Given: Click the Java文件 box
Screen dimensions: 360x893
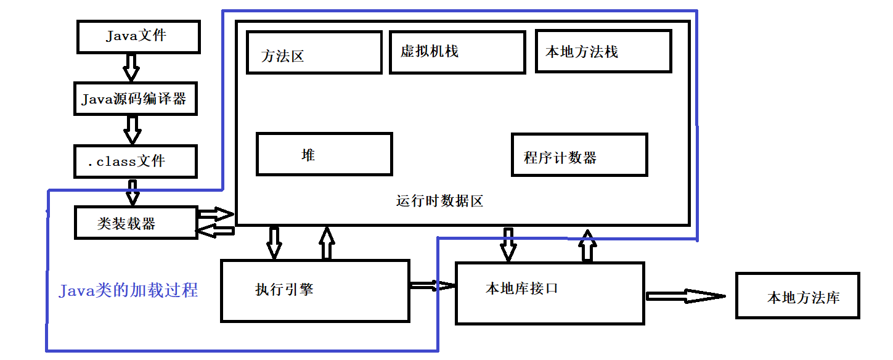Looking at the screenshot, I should (138, 36).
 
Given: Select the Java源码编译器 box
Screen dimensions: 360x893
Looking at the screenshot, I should (135, 98).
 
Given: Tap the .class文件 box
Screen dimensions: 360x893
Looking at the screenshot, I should (135, 162).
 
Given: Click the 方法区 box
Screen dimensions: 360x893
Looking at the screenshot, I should (314, 53).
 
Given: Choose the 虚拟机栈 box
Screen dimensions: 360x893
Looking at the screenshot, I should (457, 52).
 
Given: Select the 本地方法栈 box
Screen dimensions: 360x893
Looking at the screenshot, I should (603, 51).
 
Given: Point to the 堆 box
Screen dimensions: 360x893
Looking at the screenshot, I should (324, 154).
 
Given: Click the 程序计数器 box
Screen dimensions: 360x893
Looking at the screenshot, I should (579, 155).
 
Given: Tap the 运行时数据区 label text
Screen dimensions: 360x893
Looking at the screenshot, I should (439, 201).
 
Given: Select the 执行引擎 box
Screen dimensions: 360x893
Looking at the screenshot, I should (315, 290).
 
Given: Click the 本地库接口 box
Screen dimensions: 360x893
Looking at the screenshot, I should (549, 293).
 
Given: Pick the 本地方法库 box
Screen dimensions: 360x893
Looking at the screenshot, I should (797, 297).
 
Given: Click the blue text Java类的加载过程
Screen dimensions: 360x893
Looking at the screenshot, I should (128, 290).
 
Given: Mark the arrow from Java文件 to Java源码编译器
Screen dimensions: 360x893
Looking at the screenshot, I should (131, 67).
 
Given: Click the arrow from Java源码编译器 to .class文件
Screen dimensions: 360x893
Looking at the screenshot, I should (132, 129).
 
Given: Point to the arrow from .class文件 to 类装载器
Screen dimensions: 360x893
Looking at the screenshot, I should (133, 192).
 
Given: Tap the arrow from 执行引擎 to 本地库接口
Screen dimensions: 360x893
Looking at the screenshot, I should (432, 285).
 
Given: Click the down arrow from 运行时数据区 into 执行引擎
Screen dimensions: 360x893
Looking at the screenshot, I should (274, 242).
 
